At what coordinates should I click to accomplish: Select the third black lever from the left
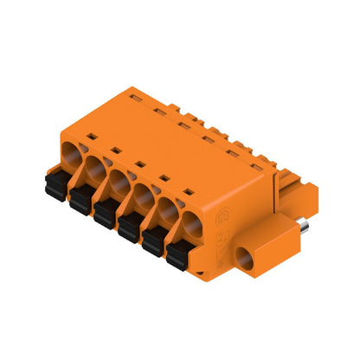(105, 211)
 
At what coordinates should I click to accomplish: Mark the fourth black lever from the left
(129, 226)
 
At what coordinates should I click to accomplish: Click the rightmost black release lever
(179, 255)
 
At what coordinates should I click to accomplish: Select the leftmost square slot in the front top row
(90, 136)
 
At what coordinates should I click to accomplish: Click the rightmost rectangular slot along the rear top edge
(256, 159)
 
